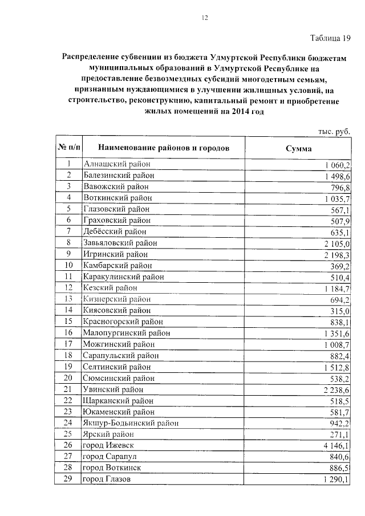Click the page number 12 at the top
[204, 18]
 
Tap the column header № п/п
[68, 148]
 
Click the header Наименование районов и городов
[160, 148]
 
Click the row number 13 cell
[68, 299]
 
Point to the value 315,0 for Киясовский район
[340, 310]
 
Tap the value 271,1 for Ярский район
[340, 434]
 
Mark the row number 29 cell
[68, 479]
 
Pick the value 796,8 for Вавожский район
[340, 186]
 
